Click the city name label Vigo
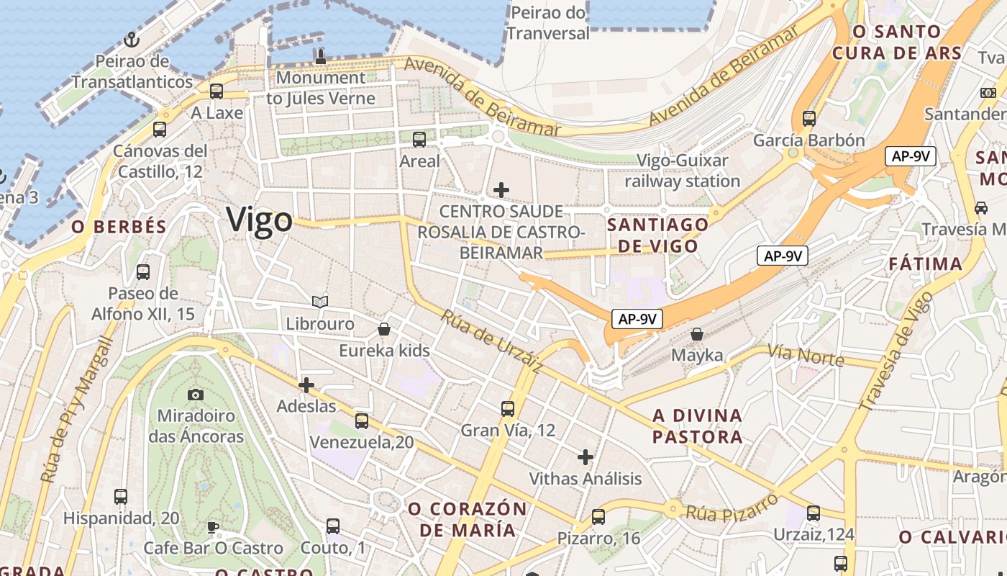point(259,220)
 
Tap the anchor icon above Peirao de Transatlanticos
point(132,39)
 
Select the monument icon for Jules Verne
point(321,55)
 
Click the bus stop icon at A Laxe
point(217,91)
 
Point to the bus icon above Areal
point(419,140)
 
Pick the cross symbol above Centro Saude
point(501,190)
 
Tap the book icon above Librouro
point(320,302)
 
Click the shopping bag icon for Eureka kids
point(385,329)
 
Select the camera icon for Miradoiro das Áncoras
point(196,394)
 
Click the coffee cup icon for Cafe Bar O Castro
point(213,526)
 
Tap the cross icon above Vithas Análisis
point(585,456)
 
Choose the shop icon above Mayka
point(696,334)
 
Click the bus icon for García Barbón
point(809,118)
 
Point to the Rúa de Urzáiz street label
point(492,342)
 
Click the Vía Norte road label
point(805,354)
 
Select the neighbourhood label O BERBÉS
point(119,227)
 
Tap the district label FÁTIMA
point(925,264)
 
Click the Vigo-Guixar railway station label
point(682,171)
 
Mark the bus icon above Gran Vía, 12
point(508,409)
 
